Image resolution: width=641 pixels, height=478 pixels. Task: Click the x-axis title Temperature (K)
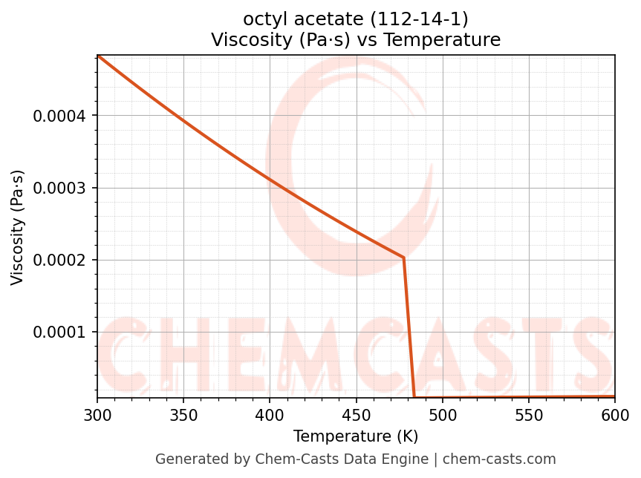coord(356,436)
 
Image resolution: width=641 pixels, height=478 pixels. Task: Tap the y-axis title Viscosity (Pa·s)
coord(18,227)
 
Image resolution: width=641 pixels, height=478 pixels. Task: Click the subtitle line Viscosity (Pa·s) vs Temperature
coord(356,39)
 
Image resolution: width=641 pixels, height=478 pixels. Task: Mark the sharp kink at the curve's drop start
coord(404,258)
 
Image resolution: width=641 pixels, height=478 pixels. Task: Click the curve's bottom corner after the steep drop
coord(414,397)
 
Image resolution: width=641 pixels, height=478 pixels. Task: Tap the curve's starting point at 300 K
coord(98,56)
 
